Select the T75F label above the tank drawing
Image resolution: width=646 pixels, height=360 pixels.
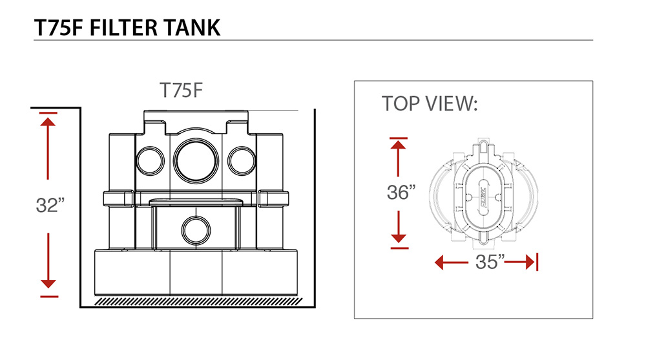coord(182,90)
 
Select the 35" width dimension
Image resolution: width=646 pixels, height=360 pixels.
coord(485,262)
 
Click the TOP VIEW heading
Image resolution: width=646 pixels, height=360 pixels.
coord(430,103)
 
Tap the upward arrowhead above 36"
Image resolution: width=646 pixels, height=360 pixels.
coord(399,145)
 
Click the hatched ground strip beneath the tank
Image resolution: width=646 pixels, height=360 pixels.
coord(197,301)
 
